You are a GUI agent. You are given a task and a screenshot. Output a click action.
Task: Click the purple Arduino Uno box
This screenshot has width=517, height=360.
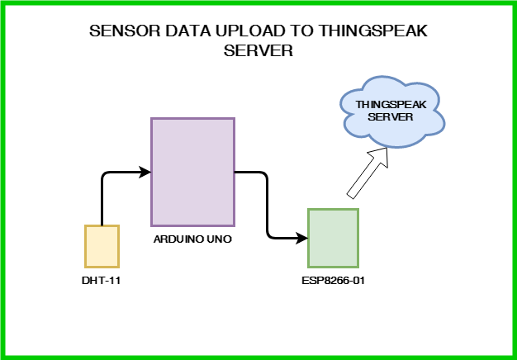tap(193, 172)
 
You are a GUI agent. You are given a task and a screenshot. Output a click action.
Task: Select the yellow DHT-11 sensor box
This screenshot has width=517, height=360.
tap(102, 246)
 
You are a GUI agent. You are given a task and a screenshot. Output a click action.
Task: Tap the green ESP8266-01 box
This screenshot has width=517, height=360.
tap(333, 238)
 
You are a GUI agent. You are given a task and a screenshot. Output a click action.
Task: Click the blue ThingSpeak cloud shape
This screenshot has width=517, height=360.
tap(392, 112)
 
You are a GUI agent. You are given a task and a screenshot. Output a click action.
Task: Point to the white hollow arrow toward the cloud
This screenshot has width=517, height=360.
tap(368, 173)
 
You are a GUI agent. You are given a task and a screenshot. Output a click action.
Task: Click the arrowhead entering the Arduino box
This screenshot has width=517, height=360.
tap(145, 172)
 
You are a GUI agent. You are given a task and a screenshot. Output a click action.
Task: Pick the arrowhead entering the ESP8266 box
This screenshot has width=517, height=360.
tap(302, 238)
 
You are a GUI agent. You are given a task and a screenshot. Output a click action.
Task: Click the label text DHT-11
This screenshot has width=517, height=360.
tap(102, 281)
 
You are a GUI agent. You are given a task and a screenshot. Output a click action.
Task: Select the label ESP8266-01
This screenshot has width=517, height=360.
tap(333, 281)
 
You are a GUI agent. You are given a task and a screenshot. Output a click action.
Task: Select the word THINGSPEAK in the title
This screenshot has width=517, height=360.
tap(373, 31)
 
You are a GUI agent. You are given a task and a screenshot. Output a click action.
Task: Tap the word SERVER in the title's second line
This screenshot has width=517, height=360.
tap(258, 50)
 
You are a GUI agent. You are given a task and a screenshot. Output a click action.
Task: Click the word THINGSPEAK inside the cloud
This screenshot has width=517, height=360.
tap(391, 105)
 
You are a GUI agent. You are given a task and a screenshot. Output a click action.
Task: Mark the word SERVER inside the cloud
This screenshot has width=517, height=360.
tap(391, 117)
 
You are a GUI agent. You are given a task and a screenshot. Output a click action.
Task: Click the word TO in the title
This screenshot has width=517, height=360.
tap(301, 31)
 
